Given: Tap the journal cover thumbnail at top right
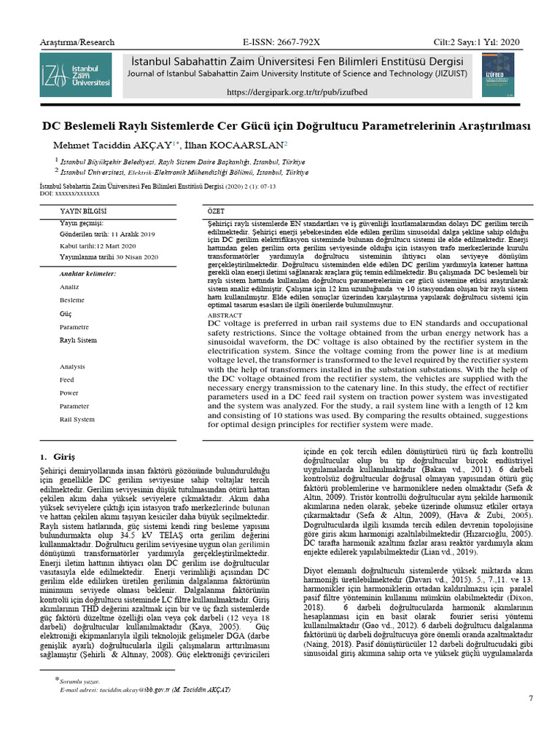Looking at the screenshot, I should click(x=497, y=75).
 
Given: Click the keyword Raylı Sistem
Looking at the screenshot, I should click(x=77, y=340).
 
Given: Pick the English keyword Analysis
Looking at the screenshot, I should click(x=73, y=366).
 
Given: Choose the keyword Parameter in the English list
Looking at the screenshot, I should click(x=74, y=406).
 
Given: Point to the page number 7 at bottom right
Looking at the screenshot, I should click(x=530, y=699).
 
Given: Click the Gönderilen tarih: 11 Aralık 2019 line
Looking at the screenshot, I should click(x=107, y=234).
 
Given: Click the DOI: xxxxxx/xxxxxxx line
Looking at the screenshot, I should click(x=69, y=193).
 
